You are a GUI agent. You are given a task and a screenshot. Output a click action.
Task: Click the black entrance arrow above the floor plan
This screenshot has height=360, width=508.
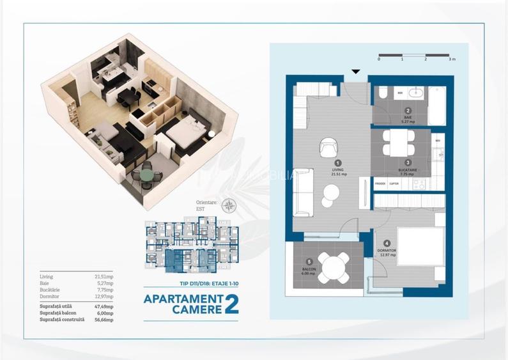click(x=356, y=72)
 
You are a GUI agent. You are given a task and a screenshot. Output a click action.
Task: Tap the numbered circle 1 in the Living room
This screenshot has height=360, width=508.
click(x=339, y=163)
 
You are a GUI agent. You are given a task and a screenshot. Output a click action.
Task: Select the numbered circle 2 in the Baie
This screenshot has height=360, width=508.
click(x=408, y=111)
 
